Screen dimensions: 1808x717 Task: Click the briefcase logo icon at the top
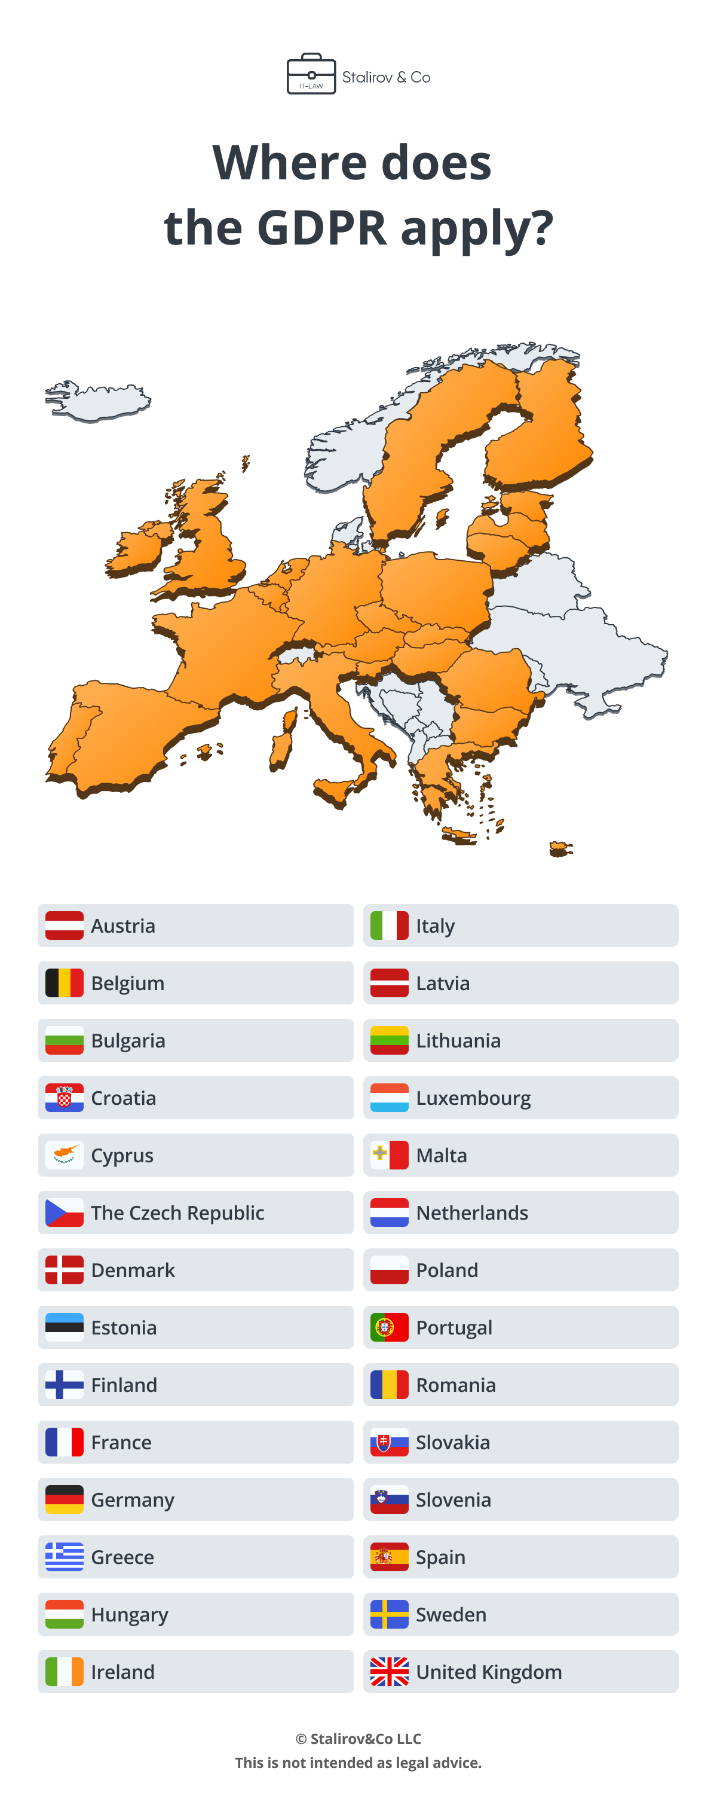[311, 74]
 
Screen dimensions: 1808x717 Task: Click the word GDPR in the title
[321, 228]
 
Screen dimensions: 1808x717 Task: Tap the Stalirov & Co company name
[386, 77]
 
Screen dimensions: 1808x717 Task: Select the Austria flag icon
[64, 925]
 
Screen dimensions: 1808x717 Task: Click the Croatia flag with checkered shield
[64, 1097]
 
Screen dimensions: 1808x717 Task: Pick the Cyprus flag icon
[64, 1155]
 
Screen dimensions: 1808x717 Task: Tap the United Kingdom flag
[390, 1671]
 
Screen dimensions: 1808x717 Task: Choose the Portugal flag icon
[390, 1327]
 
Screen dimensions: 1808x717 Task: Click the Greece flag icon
[64, 1556]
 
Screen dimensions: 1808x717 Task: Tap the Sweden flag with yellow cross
[390, 1614]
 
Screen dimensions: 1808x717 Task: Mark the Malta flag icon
[390, 1155]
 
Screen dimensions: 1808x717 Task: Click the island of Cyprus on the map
[560, 849]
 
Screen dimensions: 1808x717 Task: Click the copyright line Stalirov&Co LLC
[358, 1738]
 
